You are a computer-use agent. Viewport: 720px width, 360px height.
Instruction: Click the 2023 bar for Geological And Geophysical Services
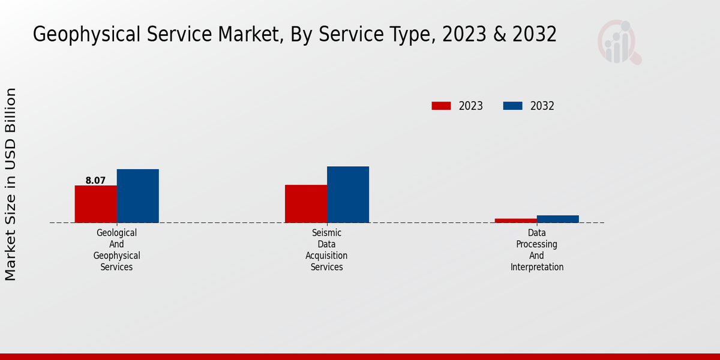coord(95,204)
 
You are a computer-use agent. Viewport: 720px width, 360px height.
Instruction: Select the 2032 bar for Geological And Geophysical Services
coord(137,196)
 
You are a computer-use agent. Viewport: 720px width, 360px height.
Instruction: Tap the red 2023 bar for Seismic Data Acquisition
coord(306,203)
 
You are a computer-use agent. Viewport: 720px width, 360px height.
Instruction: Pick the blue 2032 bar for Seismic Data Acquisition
coord(348,194)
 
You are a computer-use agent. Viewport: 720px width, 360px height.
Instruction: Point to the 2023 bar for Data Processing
coord(515,220)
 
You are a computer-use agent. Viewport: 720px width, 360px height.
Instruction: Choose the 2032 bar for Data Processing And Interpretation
coord(558,219)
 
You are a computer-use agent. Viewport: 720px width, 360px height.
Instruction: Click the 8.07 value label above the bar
coord(95,180)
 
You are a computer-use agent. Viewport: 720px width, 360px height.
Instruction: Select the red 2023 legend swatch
coord(441,106)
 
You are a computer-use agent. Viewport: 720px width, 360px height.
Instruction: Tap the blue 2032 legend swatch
coord(512,106)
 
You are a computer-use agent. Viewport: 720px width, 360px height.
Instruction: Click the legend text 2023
coord(471,106)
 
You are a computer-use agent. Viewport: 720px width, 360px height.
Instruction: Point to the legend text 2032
coord(542,106)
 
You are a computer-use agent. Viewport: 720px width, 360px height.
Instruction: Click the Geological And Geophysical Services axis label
coord(116,250)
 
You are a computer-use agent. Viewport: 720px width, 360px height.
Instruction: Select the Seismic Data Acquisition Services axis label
coord(326,250)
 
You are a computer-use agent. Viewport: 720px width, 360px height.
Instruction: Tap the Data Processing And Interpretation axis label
coord(537,250)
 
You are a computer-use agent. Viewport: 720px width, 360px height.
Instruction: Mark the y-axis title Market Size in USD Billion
coord(11,184)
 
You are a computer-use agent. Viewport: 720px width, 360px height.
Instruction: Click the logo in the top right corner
coord(619,42)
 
